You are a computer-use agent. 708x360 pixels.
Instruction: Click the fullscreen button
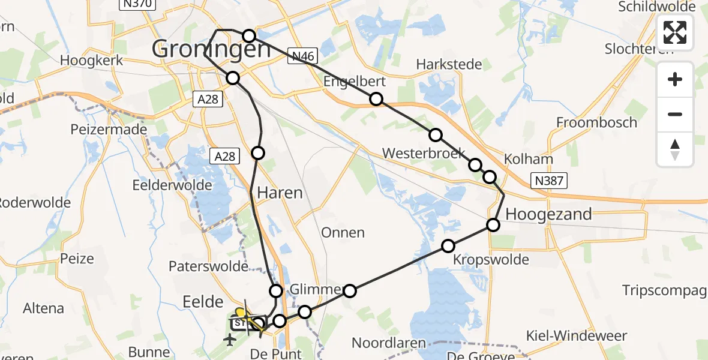(x=675, y=32)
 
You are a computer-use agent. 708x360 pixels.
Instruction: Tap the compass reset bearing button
(x=675, y=149)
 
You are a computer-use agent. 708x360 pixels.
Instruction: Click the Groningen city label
(x=211, y=49)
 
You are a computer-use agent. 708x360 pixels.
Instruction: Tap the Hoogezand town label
(x=549, y=214)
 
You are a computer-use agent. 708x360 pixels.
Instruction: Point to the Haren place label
(x=280, y=193)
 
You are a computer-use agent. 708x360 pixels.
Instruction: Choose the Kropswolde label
(x=491, y=260)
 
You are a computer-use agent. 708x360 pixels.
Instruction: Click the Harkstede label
(x=449, y=64)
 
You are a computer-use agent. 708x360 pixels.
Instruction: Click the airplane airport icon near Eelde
(x=229, y=340)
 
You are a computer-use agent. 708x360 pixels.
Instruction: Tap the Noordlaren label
(x=389, y=343)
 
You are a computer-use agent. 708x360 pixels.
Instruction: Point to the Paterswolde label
(x=208, y=266)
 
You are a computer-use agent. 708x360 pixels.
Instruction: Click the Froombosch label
(x=596, y=123)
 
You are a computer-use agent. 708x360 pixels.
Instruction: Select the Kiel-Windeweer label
(x=576, y=335)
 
